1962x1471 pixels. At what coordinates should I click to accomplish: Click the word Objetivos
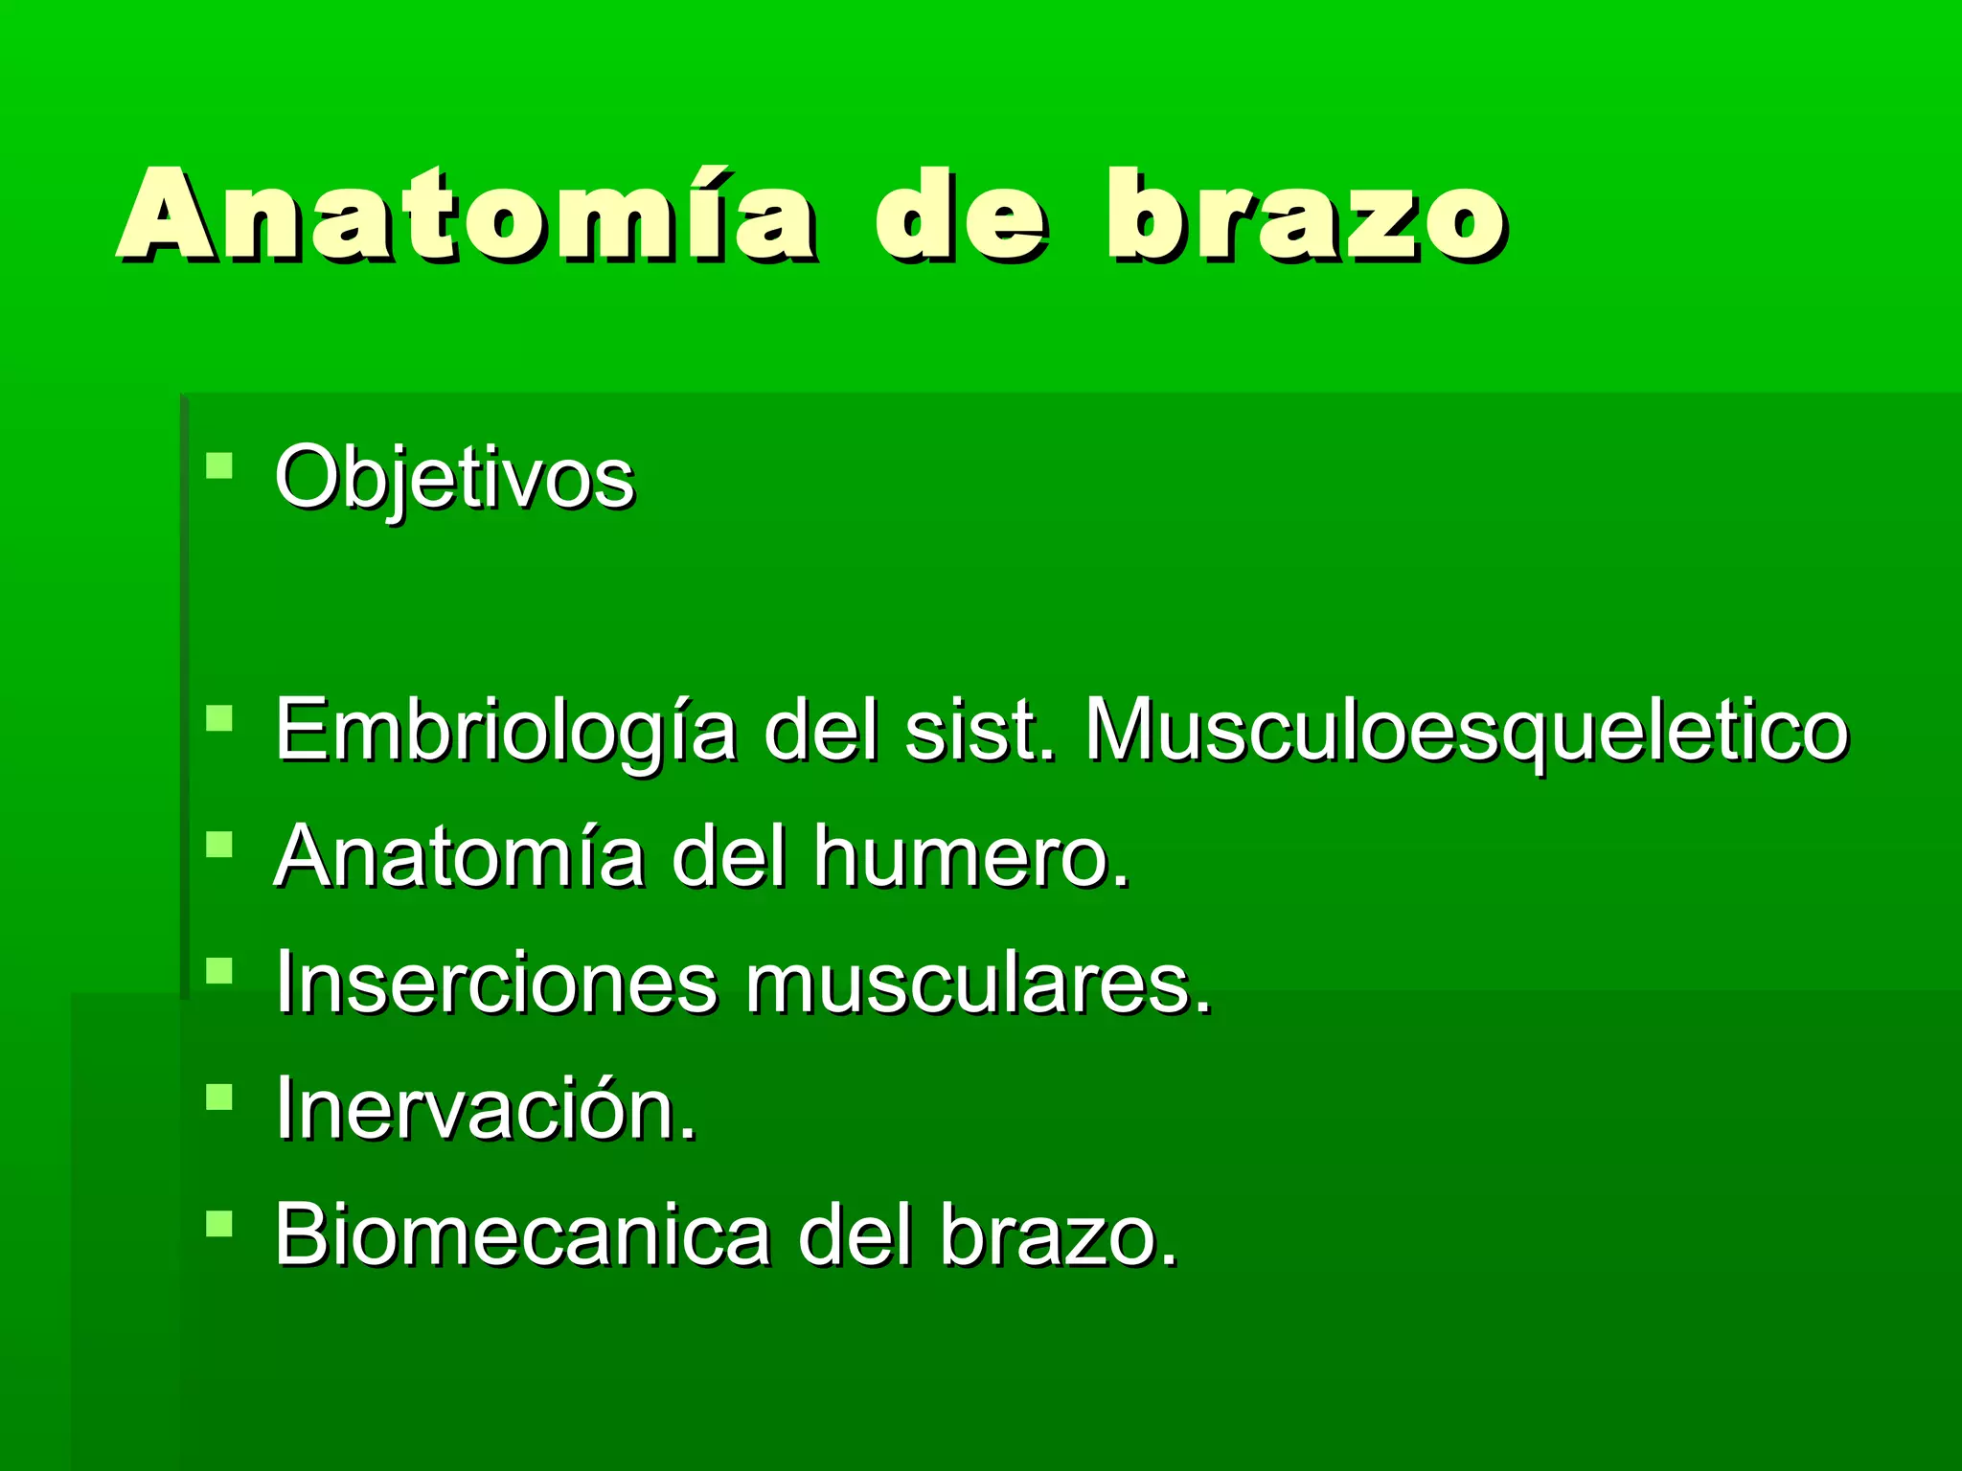[x=454, y=478]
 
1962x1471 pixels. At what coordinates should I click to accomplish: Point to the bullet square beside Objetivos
[x=219, y=466]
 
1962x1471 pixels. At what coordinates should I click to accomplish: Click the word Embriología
[x=505, y=731]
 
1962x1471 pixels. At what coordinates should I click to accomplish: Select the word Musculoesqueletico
[x=1466, y=731]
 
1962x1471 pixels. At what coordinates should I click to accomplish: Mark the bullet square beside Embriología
[x=219, y=718]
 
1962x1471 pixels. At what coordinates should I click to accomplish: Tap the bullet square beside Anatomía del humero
[x=219, y=845]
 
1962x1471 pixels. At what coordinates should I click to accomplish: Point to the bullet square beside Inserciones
[x=219, y=971]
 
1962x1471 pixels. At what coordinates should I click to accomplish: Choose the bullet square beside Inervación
[x=219, y=1097]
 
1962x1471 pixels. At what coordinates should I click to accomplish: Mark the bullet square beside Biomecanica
[x=219, y=1223]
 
